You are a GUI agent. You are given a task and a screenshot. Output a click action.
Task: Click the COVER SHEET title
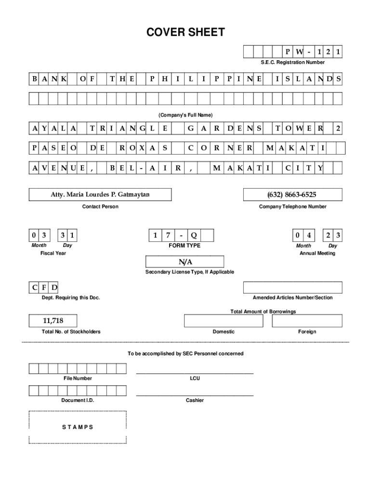tap(185, 33)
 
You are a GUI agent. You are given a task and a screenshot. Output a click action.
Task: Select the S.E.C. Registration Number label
tap(292, 63)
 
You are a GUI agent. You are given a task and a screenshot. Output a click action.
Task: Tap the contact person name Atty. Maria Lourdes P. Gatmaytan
tap(100, 195)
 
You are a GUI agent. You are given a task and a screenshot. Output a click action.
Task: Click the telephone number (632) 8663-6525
tap(292, 195)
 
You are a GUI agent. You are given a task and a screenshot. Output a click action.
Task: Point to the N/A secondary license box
tap(185, 262)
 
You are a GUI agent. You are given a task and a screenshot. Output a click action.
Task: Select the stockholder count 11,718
tap(53, 320)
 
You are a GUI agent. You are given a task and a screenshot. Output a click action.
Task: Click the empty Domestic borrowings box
tap(224, 321)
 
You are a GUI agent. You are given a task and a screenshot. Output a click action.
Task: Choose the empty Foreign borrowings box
tap(307, 321)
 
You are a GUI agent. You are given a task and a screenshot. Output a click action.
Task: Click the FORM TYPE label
tap(185, 246)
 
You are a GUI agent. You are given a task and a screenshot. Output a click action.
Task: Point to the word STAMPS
tap(77, 428)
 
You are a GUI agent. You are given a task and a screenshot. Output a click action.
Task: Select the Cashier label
tap(195, 401)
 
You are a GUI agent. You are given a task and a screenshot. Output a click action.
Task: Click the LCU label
tap(195, 379)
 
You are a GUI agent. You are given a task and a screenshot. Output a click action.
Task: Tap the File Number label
tap(78, 379)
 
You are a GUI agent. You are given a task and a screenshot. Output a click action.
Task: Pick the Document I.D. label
tap(77, 401)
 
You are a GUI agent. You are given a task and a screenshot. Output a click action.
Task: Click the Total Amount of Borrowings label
tap(263, 312)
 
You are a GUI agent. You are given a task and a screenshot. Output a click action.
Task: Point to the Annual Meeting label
tap(317, 253)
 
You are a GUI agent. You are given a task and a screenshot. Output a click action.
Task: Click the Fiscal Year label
tap(53, 253)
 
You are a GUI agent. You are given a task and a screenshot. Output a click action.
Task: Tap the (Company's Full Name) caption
tap(185, 116)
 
